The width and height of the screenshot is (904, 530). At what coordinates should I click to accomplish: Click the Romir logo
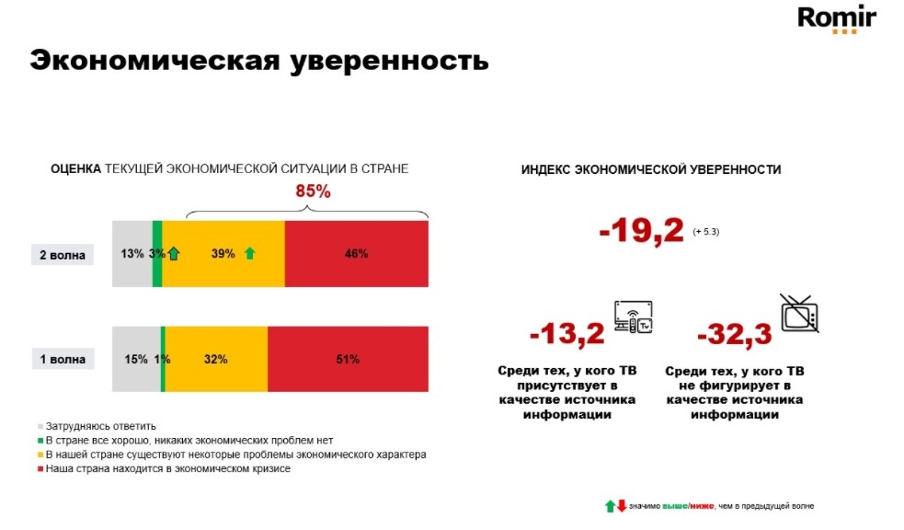coord(836,19)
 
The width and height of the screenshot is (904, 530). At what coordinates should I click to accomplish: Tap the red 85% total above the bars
coord(313,192)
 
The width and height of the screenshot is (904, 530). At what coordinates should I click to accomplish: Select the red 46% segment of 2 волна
coord(357,254)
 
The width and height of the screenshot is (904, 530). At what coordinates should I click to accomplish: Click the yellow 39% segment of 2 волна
coord(223,254)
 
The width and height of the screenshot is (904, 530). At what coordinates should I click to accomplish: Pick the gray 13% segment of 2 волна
coord(132,254)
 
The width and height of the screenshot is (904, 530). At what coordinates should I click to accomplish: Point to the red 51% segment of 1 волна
coord(348,359)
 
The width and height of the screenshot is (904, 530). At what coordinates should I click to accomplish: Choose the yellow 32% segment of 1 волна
coord(216,359)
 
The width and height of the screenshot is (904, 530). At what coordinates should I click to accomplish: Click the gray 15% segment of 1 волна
coord(135,359)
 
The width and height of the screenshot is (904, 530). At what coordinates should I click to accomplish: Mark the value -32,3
coord(735,332)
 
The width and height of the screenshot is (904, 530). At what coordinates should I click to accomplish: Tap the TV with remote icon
coord(633,316)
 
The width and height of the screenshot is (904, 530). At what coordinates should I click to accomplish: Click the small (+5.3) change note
coord(706,233)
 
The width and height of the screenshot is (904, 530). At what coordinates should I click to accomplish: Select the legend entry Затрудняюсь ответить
coord(100,426)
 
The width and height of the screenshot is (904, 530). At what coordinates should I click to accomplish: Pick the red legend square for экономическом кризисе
coord(40,469)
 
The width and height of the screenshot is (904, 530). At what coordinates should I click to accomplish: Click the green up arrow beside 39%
coord(249,253)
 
